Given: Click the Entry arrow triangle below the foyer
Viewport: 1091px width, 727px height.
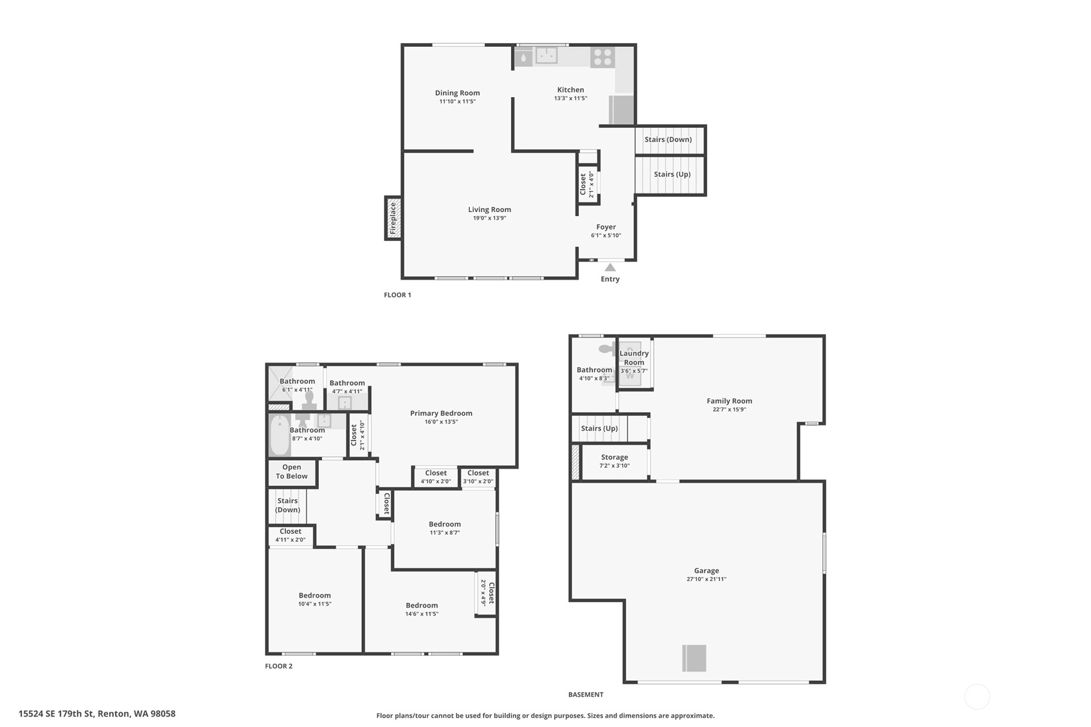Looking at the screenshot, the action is [x=610, y=267].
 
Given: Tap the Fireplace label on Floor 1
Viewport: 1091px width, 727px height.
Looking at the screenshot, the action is [x=393, y=218].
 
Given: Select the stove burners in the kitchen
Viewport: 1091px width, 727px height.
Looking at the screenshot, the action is [x=602, y=57].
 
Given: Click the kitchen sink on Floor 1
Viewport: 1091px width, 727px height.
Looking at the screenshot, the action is [x=546, y=55].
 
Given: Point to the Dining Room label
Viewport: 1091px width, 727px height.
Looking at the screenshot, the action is [x=457, y=93].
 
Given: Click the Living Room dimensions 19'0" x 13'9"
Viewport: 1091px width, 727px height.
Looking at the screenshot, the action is [x=489, y=218].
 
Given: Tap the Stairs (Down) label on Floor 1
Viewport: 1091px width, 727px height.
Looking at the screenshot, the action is [x=668, y=139].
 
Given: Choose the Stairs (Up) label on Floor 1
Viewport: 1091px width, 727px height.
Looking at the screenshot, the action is [x=672, y=174].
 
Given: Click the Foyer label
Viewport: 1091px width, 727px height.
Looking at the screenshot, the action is [x=606, y=227].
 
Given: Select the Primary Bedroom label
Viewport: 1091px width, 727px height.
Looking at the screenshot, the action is [x=441, y=413].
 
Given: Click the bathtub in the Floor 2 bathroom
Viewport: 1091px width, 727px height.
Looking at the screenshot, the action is [x=280, y=435].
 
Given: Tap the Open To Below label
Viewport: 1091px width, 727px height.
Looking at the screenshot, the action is [x=292, y=472].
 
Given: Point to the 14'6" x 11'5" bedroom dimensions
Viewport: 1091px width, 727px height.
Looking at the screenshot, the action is [x=422, y=614].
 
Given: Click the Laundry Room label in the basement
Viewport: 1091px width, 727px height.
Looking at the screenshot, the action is [x=634, y=358].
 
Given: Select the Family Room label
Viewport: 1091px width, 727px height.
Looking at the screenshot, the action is [x=729, y=400].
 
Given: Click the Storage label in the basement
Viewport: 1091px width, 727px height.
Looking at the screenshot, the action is [x=614, y=457].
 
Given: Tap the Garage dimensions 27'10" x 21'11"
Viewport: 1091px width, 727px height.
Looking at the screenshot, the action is [x=707, y=579].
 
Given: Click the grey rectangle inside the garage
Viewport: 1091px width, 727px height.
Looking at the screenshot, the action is [x=694, y=658].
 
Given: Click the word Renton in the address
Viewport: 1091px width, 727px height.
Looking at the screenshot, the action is [x=114, y=714].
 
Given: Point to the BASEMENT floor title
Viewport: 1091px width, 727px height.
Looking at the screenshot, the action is [x=586, y=695].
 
